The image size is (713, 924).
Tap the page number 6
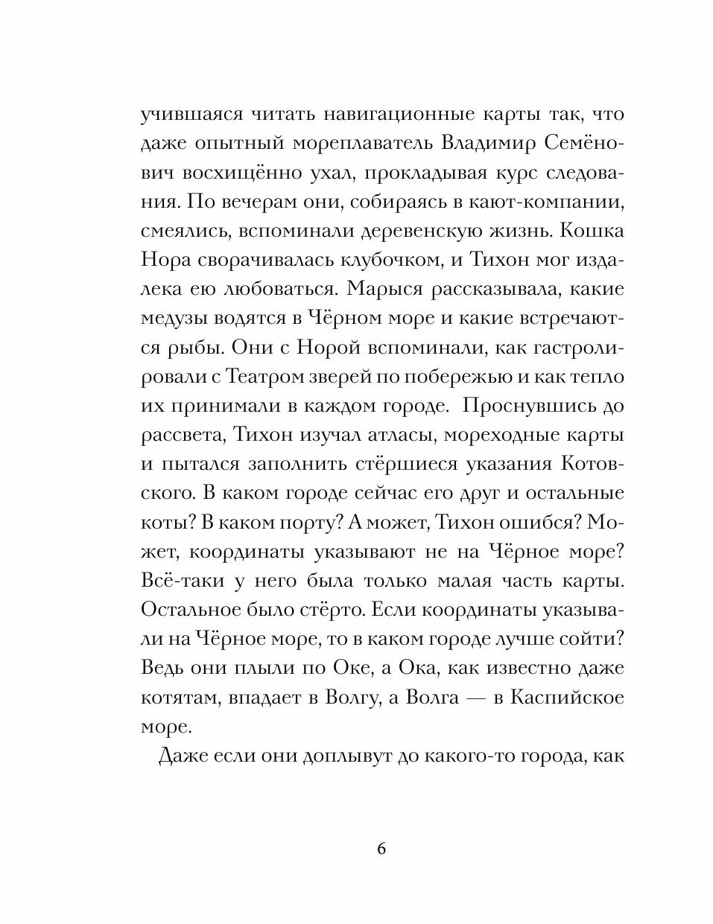coord(382,850)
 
